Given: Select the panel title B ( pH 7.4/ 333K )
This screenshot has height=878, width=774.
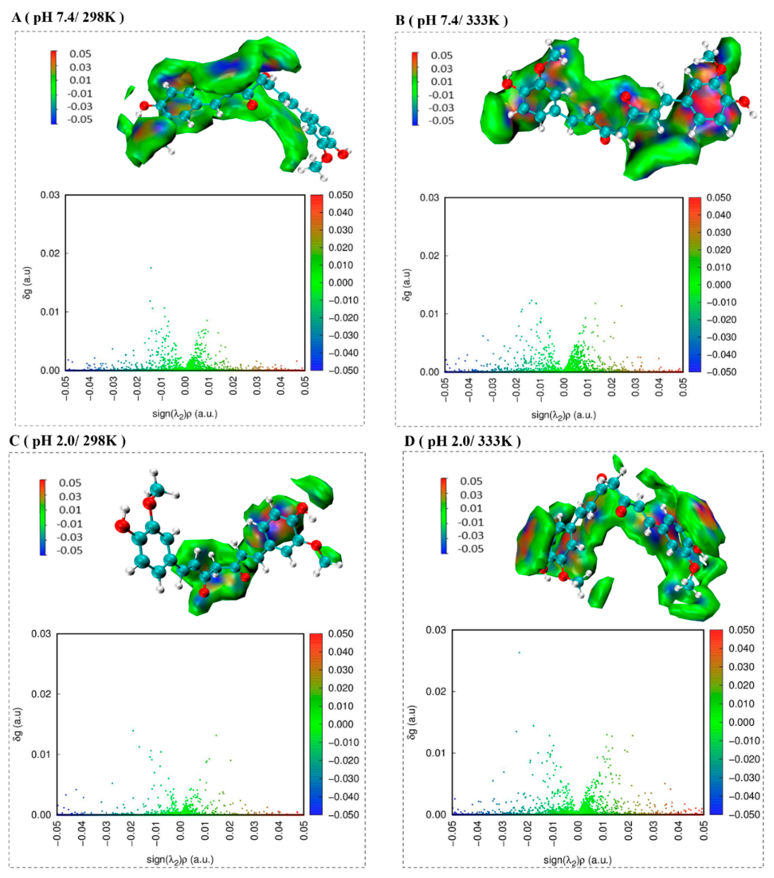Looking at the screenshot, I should tap(451, 20).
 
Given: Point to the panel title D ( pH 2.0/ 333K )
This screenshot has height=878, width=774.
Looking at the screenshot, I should tap(462, 441).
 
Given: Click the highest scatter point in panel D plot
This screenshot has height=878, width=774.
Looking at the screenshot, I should tap(519, 653).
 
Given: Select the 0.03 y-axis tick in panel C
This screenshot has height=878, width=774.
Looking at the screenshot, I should tap(41, 634).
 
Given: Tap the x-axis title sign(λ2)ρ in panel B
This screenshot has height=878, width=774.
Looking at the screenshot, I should tap(563, 415).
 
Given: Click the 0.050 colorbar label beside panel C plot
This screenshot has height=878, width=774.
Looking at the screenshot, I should tap(340, 634).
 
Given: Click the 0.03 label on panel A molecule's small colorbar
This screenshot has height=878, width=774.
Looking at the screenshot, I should tap(80, 67).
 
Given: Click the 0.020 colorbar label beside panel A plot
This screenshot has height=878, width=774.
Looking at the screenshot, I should tap(341, 247).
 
